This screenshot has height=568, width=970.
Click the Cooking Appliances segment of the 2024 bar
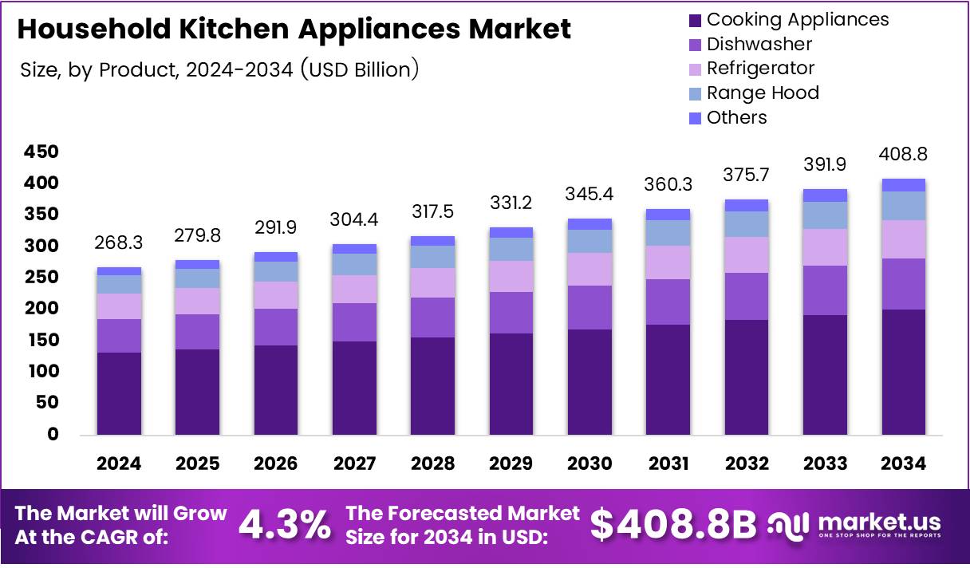[119, 393]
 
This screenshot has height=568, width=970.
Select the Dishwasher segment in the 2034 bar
[903, 284]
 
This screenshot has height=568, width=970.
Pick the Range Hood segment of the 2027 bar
[354, 264]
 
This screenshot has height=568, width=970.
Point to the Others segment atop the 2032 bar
[747, 205]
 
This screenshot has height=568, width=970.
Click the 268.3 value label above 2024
[119, 242]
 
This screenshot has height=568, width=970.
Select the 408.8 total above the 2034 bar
[903, 154]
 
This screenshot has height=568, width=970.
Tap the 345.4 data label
[589, 193]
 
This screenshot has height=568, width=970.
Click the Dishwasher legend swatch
[694, 44]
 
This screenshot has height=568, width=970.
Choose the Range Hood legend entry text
[763, 93]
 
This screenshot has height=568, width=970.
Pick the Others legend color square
[694, 117]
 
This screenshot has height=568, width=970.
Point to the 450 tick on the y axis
[41, 152]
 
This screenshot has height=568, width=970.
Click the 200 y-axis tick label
[41, 309]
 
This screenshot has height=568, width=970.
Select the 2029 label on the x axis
[511, 463]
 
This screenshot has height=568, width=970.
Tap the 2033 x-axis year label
[825, 463]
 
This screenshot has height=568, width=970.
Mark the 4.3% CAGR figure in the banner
[285, 525]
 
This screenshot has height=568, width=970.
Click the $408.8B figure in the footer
[672, 525]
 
